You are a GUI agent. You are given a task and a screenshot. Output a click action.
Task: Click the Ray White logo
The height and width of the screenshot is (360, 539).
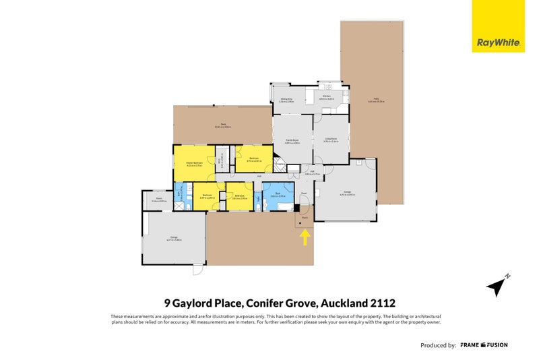[498, 42]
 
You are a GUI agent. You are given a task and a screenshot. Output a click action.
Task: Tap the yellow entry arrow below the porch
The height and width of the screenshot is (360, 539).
[305, 237]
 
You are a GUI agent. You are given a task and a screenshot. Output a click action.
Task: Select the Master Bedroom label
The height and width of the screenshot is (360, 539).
[193, 163]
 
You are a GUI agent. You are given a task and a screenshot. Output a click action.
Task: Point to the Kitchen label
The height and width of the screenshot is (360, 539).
[327, 97]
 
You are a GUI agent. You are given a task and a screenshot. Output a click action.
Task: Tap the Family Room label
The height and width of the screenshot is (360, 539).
[291, 142]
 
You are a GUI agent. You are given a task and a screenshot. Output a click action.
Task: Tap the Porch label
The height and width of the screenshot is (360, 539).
[305, 217]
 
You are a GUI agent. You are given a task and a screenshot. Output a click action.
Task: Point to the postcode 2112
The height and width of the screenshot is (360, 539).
[391, 303]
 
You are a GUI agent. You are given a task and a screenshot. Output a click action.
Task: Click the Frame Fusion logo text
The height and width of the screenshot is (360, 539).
[484, 345]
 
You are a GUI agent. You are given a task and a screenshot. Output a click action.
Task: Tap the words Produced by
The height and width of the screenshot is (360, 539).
[438, 345]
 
